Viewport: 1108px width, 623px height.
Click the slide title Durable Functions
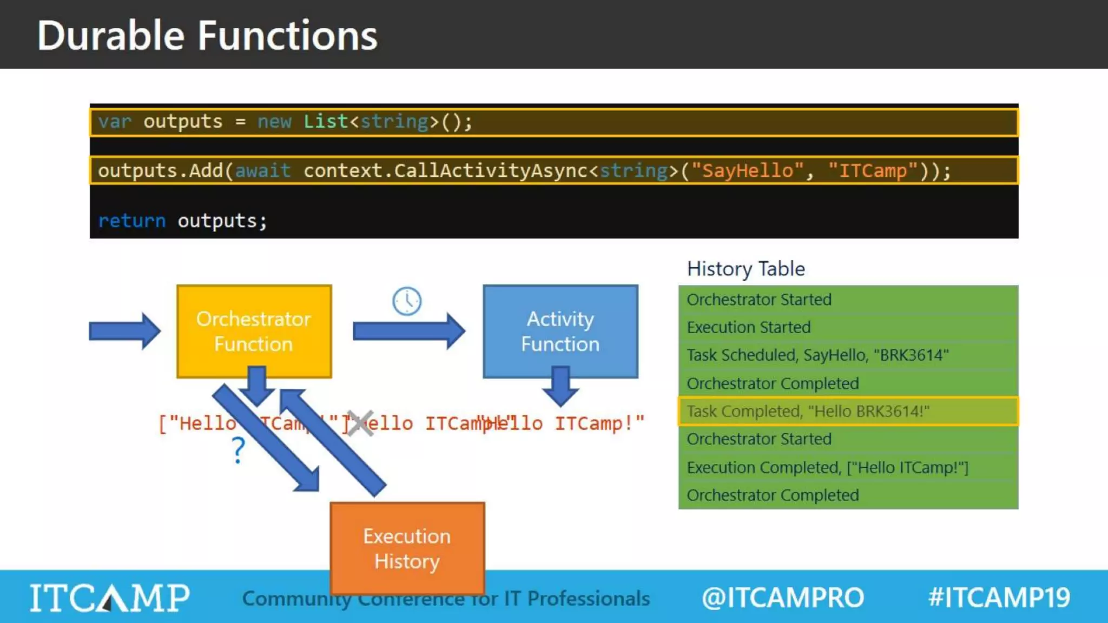[x=207, y=36]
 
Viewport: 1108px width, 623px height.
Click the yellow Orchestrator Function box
[x=254, y=331]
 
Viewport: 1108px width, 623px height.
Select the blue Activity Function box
[x=560, y=331]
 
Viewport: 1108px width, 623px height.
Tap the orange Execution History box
[x=407, y=548]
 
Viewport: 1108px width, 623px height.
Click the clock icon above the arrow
[x=407, y=301]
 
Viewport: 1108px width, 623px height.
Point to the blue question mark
[x=238, y=450]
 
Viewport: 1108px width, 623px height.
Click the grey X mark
[x=360, y=423]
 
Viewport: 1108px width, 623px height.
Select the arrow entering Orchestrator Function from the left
[x=124, y=331]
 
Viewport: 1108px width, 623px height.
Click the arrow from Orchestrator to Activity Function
[x=408, y=331]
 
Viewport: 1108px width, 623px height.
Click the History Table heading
[x=746, y=269]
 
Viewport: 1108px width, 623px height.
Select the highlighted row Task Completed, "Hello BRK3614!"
[x=848, y=411]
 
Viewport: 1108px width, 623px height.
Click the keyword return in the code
[x=131, y=221]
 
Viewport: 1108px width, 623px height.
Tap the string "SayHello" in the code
[x=747, y=171]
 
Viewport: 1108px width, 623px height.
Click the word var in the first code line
[x=115, y=122]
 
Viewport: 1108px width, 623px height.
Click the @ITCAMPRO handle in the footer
[x=782, y=598]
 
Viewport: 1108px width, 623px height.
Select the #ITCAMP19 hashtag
[x=999, y=598]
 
